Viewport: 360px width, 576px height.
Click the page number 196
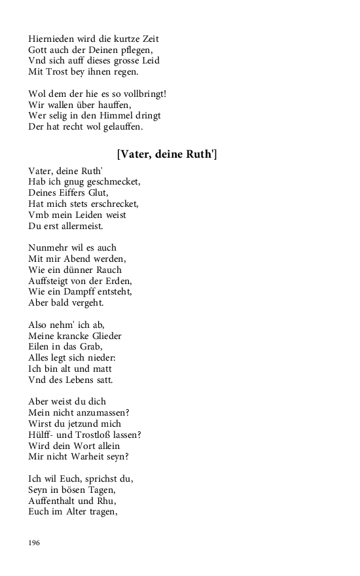(x=34, y=543)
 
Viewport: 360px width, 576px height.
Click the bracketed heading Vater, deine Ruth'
(x=167, y=154)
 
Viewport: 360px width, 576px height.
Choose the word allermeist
(x=79, y=226)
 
